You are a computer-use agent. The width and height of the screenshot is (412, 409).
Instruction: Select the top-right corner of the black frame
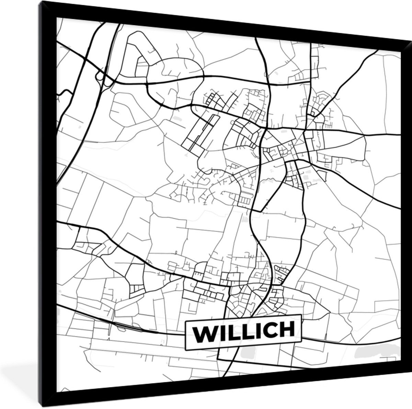tap(411, 39)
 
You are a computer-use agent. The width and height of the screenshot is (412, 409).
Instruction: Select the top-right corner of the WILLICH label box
tap(300, 315)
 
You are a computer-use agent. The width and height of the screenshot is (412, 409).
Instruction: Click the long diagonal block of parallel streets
tap(203, 132)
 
